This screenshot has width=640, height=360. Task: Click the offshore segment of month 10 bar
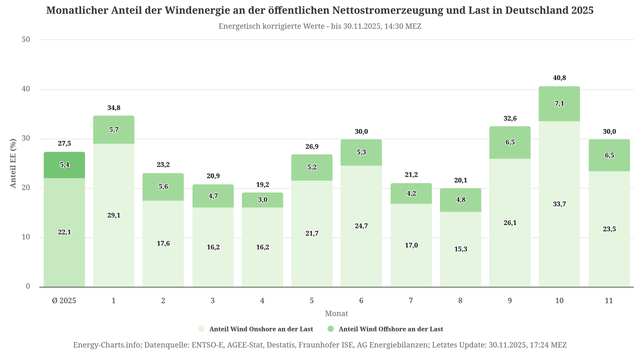pos(559,104)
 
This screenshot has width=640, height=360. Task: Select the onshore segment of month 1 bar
pos(114,215)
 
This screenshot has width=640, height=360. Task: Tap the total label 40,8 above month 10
pos(559,78)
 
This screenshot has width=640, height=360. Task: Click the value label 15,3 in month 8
pos(460,249)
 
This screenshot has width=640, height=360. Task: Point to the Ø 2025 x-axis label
pos(64,300)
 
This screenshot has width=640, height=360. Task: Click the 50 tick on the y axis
pos(26,40)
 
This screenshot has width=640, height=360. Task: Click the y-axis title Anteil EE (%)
pos(13,164)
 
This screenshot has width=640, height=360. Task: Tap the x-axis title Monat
pos(336,313)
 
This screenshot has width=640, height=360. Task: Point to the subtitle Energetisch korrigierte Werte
pos(280,26)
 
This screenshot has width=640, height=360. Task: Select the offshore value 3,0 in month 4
pos(262,200)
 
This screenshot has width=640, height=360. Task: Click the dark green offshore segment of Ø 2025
pos(64,165)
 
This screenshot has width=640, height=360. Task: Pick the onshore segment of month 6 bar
pos(361,226)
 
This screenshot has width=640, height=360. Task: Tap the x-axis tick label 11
pos(608,300)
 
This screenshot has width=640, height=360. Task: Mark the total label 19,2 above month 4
pos(262,185)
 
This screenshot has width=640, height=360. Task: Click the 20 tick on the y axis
pos(26,188)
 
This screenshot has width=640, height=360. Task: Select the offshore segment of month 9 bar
pos(509,142)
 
